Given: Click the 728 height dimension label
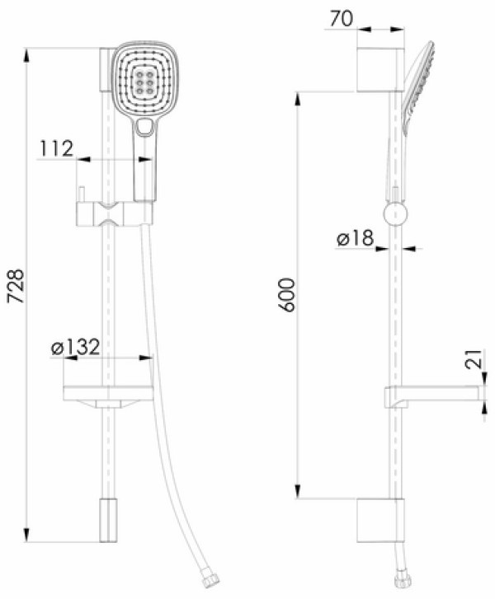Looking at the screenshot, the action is pos(16,286).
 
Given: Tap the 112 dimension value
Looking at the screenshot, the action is pos(57,148).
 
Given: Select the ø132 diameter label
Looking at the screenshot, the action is pos(75,347).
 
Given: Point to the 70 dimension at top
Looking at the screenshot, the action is pos(342,19).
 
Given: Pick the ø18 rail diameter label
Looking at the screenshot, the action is pos(355,238).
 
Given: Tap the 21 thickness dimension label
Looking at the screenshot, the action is pos(474,358).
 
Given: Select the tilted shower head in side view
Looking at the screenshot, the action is pos(417,88).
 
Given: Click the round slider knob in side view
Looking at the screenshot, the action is pos(395,214).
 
